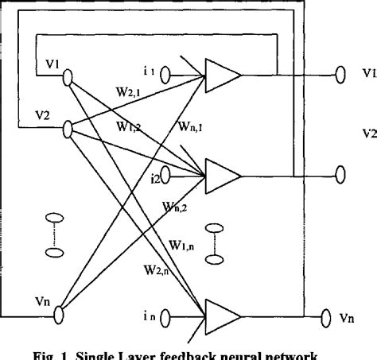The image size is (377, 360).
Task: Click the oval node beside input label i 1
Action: (x=165, y=75)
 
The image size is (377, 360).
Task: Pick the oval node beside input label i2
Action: (x=165, y=170)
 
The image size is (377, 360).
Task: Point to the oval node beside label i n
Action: (x=165, y=318)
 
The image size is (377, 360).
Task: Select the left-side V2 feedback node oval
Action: (x=68, y=126)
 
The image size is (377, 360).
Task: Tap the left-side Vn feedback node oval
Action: (x=59, y=317)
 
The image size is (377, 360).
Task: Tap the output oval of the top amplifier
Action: (x=340, y=75)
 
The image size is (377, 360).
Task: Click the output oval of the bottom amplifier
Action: (x=326, y=318)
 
